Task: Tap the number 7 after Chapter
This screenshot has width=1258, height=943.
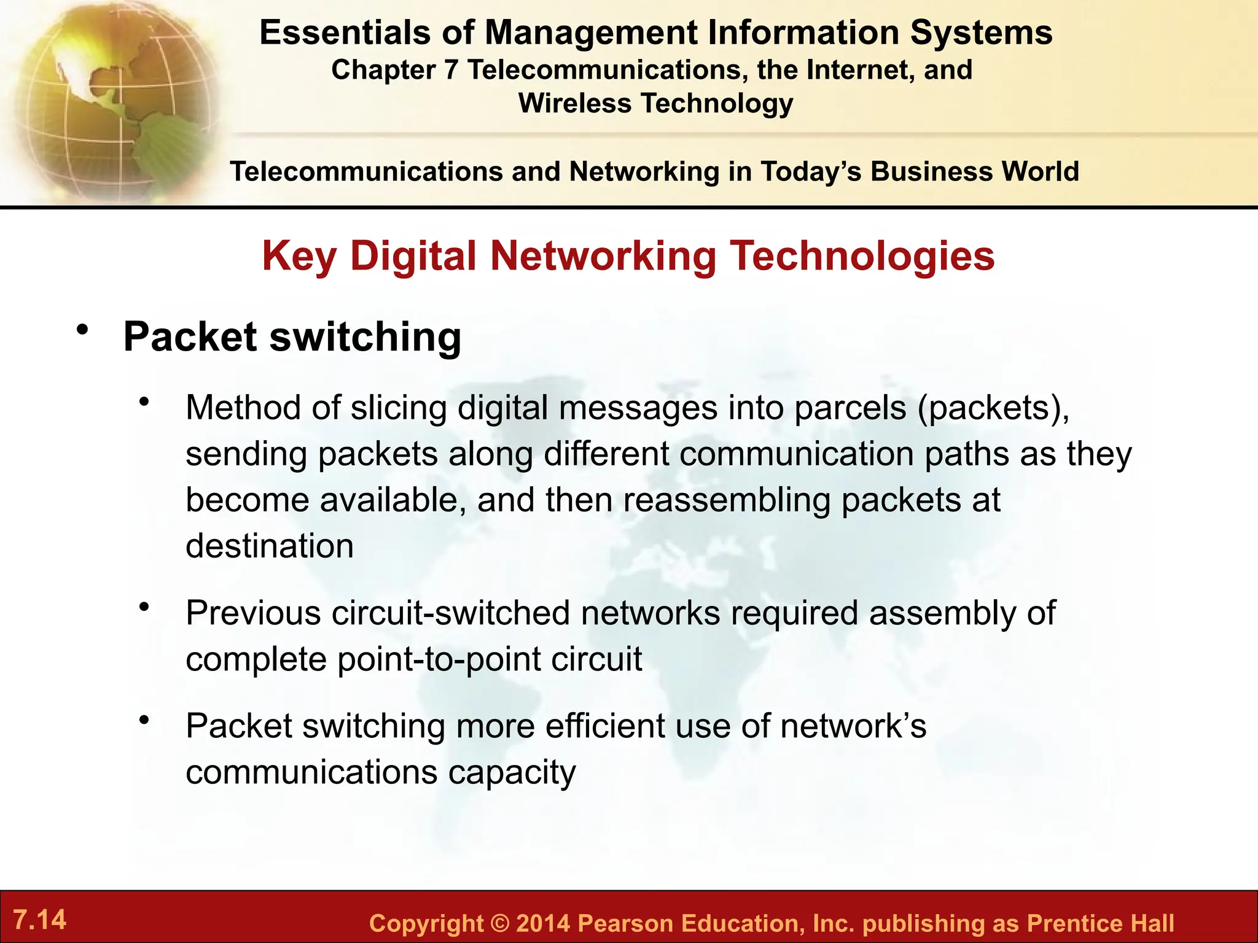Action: pyautogui.click(x=451, y=70)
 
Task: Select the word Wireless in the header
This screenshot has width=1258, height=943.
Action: pyautogui.click(x=575, y=103)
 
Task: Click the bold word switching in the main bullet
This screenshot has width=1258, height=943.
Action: pyautogui.click(x=365, y=337)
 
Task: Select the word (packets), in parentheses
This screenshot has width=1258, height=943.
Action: pyautogui.click(x=993, y=408)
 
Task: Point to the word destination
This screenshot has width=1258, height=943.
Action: pyautogui.click(x=270, y=546)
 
